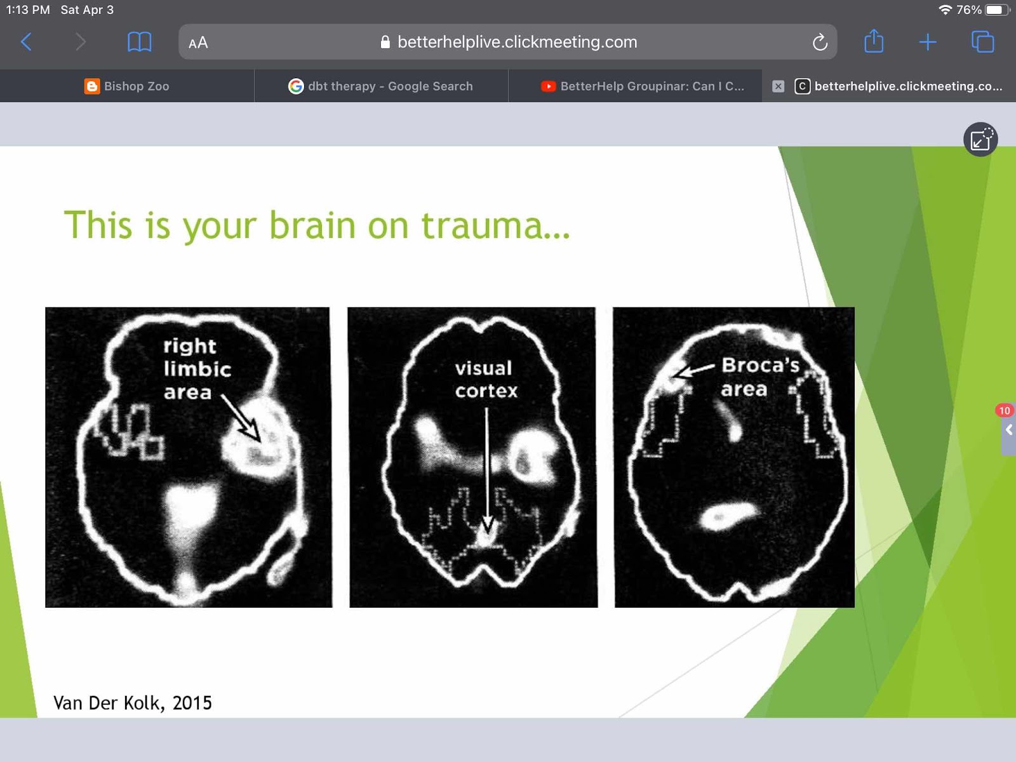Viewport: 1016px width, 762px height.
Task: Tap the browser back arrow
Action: [27, 42]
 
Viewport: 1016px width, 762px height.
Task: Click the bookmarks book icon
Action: [139, 42]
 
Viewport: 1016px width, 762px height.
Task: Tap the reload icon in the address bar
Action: [820, 42]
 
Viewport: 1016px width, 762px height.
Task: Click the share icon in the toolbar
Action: [874, 41]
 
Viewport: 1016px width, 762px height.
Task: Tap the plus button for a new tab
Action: [928, 42]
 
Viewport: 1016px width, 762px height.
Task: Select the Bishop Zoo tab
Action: [127, 86]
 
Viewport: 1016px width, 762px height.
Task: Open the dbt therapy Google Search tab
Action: [380, 86]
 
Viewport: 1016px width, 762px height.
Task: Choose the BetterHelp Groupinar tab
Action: [643, 86]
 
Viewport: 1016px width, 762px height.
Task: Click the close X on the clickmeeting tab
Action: [778, 86]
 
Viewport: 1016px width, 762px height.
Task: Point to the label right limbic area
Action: [197, 369]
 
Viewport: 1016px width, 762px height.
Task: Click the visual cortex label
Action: [486, 379]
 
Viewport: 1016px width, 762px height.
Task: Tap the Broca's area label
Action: [760, 377]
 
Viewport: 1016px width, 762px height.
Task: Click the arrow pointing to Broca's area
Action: [694, 371]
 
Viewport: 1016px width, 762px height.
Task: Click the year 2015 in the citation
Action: [192, 703]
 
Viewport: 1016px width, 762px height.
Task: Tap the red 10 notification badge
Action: [1004, 410]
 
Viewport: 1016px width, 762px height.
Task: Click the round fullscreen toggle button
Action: [980, 139]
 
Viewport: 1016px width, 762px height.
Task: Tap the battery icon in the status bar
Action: [996, 10]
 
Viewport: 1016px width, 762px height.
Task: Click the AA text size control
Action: [198, 43]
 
